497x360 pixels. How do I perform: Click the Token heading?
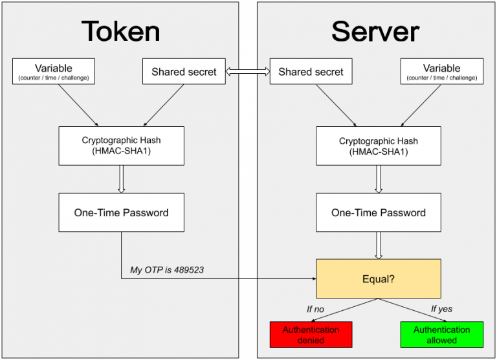point(120,30)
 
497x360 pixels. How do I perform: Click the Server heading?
point(375,30)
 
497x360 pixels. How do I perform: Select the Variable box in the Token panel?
point(54,71)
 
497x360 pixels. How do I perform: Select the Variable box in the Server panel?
point(441,71)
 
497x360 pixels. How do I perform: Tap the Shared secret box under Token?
point(184,72)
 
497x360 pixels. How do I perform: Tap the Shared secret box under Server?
point(311,72)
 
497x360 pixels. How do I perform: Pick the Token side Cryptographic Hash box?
point(122,146)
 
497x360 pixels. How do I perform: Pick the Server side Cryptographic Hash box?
point(379,146)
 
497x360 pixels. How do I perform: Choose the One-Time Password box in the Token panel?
point(122,212)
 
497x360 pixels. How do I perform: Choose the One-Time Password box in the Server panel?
point(379,212)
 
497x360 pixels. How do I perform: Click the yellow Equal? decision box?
point(379,278)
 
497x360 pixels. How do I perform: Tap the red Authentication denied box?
point(311,335)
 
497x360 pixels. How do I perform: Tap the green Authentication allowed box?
point(441,335)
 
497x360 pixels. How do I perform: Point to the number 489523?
point(187,269)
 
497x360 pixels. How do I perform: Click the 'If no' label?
point(315,309)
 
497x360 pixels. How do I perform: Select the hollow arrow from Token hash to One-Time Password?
point(121,179)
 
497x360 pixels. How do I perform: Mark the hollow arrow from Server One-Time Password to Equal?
point(379,245)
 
